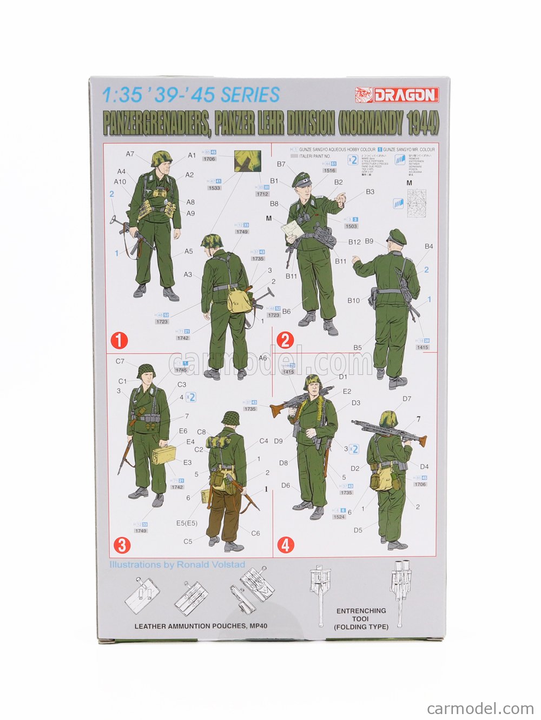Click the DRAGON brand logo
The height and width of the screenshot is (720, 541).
[x=397, y=95]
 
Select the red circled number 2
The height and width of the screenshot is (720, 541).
[x=285, y=340]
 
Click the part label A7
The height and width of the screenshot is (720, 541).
[x=130, y=154]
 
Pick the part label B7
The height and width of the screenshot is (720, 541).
[x=281, y=164]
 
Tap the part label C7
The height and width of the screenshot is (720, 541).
[x=120, y=361]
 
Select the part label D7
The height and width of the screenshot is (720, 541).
[x=407, y=399]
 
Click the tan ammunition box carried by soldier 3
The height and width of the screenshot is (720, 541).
[x=164, y=456]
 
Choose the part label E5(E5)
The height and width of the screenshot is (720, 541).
[x=187, y=523]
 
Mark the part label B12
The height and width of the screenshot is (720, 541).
[x=354, y=242]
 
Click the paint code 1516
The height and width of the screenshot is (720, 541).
[x=329, y=170]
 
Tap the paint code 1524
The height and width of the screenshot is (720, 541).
[x=339, y=517]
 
